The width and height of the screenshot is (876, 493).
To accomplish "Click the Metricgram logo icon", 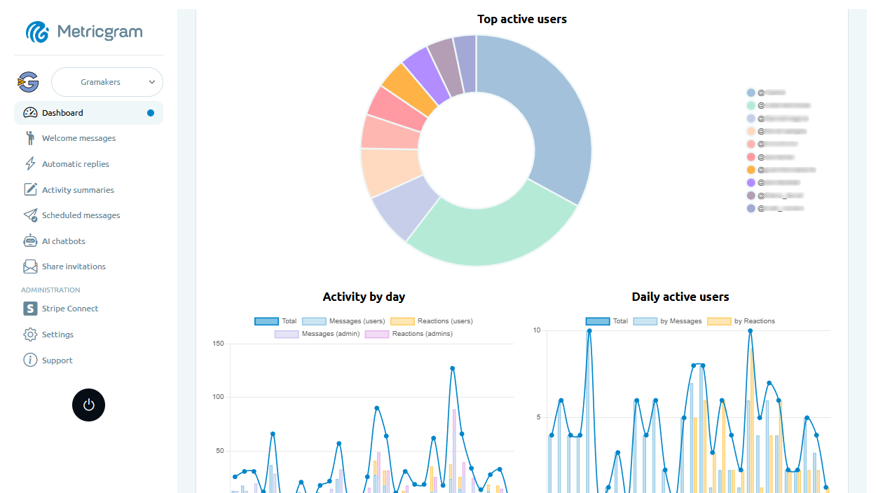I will click(37, 32).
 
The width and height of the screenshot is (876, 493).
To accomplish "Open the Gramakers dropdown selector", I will click(107, 82).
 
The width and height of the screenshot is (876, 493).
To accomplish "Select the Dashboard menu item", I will click(62, 113).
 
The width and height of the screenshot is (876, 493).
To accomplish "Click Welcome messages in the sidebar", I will click(78, 138).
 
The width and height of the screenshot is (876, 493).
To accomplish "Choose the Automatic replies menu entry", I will click(75, 164).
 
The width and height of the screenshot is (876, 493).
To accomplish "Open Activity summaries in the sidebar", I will click(78, 190).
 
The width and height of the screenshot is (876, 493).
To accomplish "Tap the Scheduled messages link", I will click(81, 215).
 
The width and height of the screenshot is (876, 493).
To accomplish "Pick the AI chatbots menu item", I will click(63, 241).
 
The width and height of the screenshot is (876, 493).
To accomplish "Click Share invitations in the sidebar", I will click(74, 266).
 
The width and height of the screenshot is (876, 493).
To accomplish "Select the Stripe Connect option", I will click(69, 309).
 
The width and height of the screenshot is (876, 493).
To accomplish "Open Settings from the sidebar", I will click(57, 335).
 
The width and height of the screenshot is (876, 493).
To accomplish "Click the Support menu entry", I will click(57, 360).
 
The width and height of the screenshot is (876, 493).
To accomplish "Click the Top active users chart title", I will click(521, 19).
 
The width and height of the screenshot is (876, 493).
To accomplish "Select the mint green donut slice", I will click(491, 235).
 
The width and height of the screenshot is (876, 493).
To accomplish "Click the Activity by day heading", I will click(364, 297).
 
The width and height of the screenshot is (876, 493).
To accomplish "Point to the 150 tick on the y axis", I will click(217, 344).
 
